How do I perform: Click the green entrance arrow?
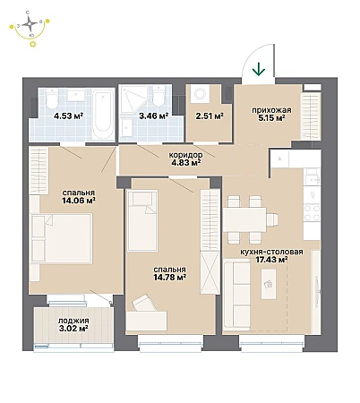(259, 70)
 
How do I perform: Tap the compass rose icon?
(30, 22)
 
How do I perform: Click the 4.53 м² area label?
(68, 116)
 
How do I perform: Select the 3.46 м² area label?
(154, 116)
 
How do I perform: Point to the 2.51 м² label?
(210, 116)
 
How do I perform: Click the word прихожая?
(271, 110)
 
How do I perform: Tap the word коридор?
(185, 155)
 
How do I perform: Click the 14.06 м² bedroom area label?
(79, 201)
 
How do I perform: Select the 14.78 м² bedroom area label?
(170, 278)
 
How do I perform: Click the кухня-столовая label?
(271, 252)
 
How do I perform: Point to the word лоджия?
(73, 321)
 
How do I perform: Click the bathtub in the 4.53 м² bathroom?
(103, 114)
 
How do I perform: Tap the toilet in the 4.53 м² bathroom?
(52, 99)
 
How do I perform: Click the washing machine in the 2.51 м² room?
(200, 94)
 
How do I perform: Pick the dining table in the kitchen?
(244, 219)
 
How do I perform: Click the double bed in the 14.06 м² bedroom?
(62, 238)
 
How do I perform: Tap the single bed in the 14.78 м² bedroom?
(142, 220)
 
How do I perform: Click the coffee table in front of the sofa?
(269, 284)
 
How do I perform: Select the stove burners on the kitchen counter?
(312, 212)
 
